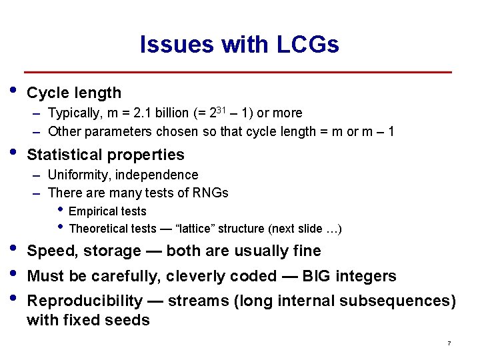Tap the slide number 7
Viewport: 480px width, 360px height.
449,343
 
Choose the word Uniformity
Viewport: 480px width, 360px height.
78,175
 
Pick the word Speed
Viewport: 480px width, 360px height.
49,251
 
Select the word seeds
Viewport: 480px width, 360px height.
129,320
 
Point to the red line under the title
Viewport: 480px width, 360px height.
238,72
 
